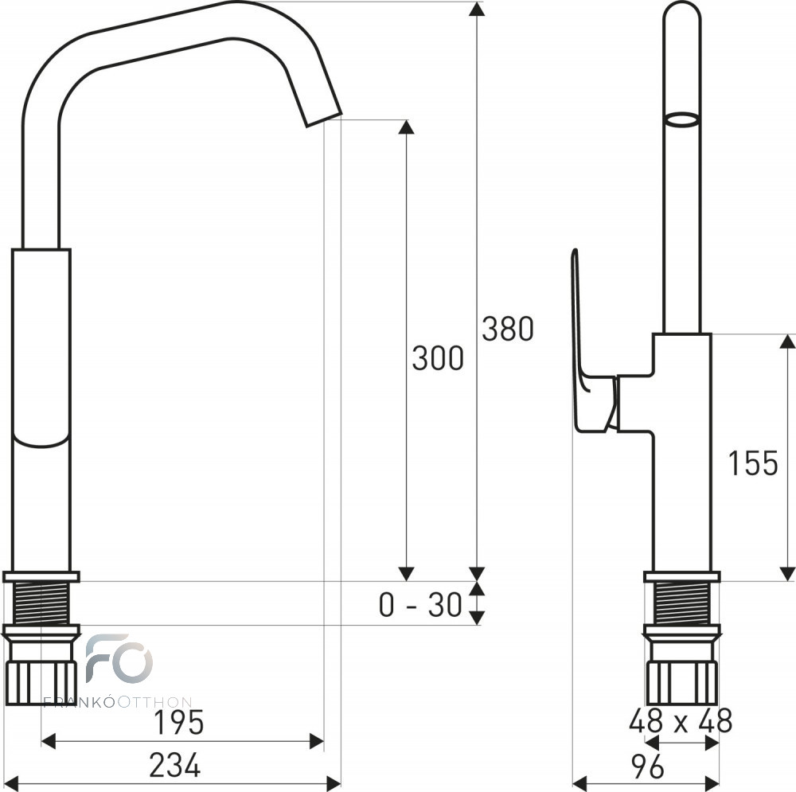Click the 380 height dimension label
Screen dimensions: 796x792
pyautogui.click(x=508, y=329)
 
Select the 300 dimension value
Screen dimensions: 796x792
pyautogui.click(x=438, y=357)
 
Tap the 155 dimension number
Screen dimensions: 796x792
pyautogui.click(x=753, y=463)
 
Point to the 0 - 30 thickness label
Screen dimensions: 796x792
pyautogui.click(x=420, y=605)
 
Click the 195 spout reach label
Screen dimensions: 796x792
pyautogui.click(x=178, y=722)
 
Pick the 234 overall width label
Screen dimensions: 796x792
pyautogui.click(x=174, y=765)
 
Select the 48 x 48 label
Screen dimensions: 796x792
pyautogui.click(x=681, y=720)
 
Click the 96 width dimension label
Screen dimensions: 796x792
pyautogui.click(x=647, y=767)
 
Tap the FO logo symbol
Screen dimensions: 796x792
pyautogui.click(x=119, y=658)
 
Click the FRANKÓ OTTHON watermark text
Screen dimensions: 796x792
pyautogui.click(x=117, y=703)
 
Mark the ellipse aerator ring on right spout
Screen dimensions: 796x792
pyautogui.click(x=682, y=120)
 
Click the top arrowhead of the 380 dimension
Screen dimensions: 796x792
pyautogui.click(x=474, y=9)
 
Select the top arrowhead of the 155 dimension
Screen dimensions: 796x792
pyautogui.click(x=787, y=341)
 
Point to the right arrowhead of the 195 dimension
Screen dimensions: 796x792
pyautogui.click(x=316, y=742)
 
